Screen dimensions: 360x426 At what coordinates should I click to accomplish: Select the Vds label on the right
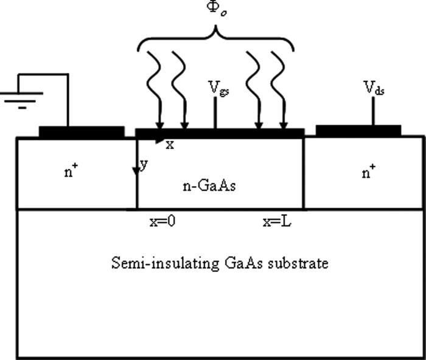[373, 90]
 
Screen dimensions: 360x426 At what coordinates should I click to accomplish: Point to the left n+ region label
[70, 172]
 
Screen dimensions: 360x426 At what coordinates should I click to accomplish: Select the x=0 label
[162, 223]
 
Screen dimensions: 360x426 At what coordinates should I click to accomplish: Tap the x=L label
[277, 223]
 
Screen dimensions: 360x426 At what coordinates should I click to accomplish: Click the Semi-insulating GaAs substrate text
[220, 263]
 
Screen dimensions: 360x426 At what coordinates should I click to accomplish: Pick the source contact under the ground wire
[81, 132]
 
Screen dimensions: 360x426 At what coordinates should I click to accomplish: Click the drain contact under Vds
[358, 130]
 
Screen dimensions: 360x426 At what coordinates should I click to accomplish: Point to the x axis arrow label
[170, 145]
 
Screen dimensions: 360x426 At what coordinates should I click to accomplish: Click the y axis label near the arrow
[144, 165]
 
